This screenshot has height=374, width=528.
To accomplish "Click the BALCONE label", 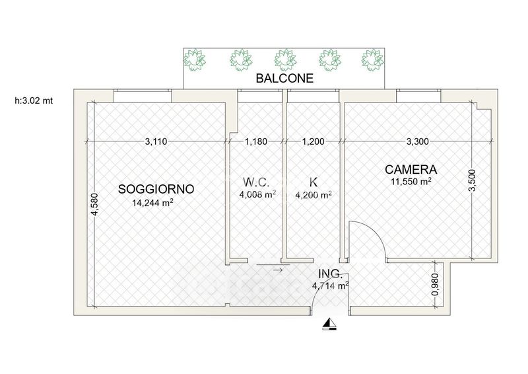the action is click(x=284, y=78).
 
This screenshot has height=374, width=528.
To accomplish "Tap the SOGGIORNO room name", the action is click(x=156, y=189).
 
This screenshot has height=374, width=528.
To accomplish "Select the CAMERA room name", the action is click(x=411, y=169).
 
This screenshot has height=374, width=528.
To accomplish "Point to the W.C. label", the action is click(x=256, y=182).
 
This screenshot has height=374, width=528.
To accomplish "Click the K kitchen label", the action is click(x=313, y=182).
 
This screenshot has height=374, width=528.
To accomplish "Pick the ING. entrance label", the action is click(x=331, y=274).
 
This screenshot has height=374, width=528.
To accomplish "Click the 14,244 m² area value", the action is click(x=153, y=202).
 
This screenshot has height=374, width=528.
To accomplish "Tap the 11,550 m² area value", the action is click(x=411, y=182).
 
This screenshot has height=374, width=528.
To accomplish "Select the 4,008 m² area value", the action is click(x=257, y=194).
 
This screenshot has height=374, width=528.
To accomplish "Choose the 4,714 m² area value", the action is click(x=331, y=285).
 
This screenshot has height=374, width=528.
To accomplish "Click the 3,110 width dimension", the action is click(x=156, y=141).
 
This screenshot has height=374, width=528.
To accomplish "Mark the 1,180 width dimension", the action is click(x=256, y=141).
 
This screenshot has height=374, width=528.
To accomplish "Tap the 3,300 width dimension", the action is click(x=418, y=141).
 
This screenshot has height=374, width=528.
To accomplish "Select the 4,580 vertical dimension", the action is click(x=94, y=204).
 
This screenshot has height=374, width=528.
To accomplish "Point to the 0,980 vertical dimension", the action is click(x=435, y=284).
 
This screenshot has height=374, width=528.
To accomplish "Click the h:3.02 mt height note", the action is click(x=34, y=100).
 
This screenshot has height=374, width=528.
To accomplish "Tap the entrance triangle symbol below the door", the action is click(x=329, y=324).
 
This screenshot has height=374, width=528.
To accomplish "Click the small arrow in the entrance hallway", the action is click(x=277, y=270).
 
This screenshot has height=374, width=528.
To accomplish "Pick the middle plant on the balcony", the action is click(x=285, y=59).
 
